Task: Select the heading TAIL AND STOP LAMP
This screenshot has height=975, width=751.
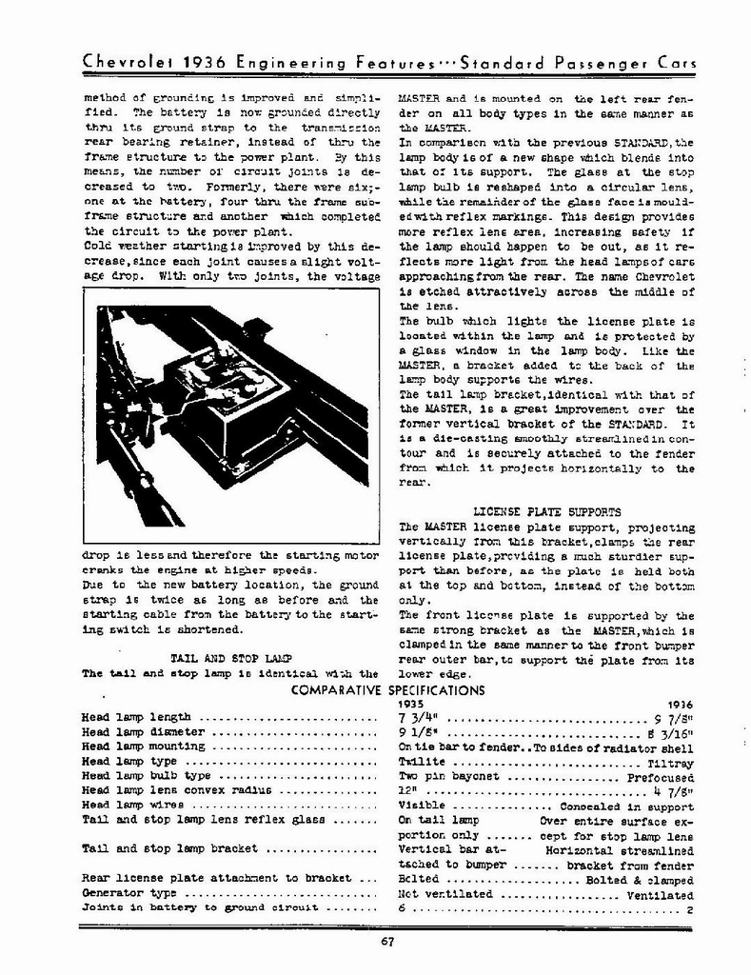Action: point(229,658)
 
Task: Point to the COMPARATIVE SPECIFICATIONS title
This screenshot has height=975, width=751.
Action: point(387,689)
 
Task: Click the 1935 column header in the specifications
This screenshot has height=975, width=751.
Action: point(411,704)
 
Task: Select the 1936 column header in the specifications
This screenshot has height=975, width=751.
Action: point(679,704)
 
